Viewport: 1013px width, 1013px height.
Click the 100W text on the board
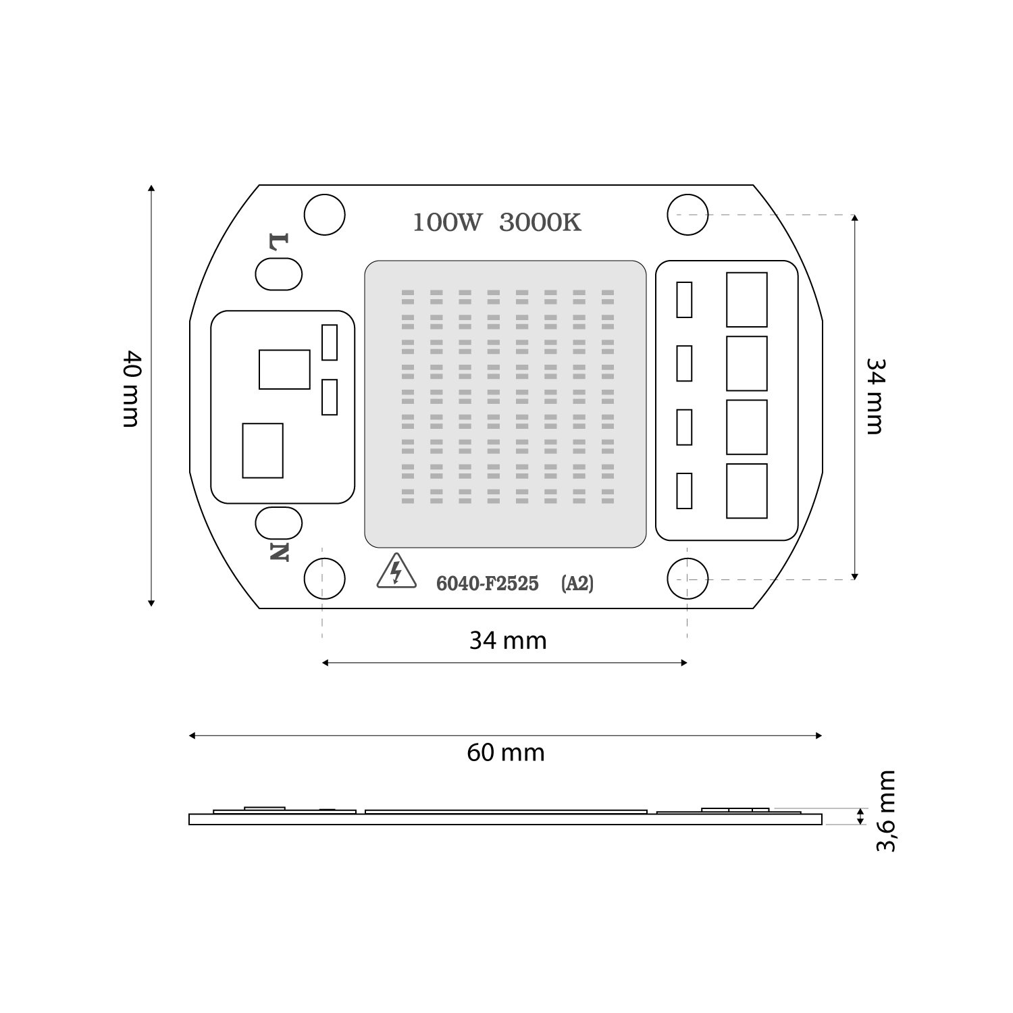(x=446, y=222)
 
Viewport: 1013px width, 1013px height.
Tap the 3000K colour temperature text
(x=540, y=222)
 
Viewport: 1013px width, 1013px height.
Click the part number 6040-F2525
(x=487, y=583)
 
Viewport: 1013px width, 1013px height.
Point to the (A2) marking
(x=577, y=583)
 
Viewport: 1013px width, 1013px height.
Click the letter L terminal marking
(x=279, y=242)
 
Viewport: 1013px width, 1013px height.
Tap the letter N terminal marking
(x=279, y=552)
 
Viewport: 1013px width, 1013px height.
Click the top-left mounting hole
(x=324, y=215)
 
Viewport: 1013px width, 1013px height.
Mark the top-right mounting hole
(x=687, y=215)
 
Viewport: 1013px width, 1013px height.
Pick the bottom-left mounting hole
(x=324, y=579)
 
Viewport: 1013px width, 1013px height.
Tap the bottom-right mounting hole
(x=687, y=579)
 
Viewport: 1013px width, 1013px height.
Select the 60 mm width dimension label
(x=506, y=752)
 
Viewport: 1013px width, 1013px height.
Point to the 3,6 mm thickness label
(x=885, y=810)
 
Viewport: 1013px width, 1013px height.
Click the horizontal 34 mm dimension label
(x=508, y=640)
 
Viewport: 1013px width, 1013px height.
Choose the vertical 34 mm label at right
(x=875, y=396)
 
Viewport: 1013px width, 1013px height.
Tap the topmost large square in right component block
(x=746, y=300)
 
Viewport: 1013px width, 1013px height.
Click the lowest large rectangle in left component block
(x=262, y=450)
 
